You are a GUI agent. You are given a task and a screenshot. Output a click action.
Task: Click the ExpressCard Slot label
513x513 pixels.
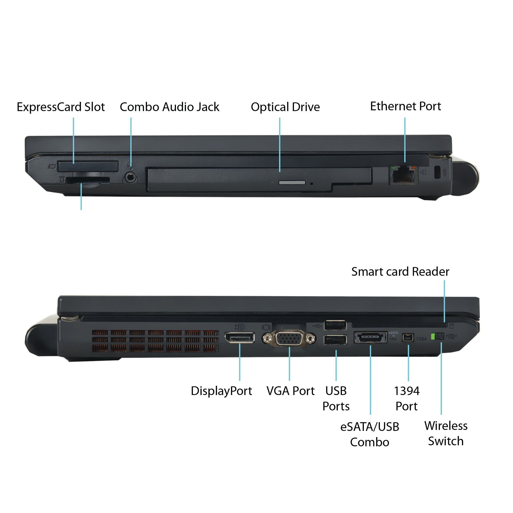[x=61, y=107]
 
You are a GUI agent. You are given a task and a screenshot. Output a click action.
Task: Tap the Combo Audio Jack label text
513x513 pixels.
[x=169, y=107]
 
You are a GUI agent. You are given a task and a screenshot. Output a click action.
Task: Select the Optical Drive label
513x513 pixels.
[x=285, y=107]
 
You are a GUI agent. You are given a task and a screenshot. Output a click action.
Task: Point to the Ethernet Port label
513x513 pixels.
[x=406, y=106]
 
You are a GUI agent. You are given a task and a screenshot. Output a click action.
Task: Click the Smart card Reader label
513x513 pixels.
[x=400, y=272]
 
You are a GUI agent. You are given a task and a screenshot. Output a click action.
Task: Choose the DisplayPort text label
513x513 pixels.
[x=221, y=391]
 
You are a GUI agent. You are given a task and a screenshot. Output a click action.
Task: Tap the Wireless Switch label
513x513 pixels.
[x=446, y=433]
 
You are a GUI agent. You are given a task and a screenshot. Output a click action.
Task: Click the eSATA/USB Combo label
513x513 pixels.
[x=370, y=435]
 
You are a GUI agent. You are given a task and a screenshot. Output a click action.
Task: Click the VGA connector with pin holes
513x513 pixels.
[x=289, y=339]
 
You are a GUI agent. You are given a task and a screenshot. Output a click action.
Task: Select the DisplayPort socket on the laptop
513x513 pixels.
[x=240, y=338]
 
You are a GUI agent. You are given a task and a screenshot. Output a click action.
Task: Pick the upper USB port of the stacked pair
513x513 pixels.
[x=335, y=325]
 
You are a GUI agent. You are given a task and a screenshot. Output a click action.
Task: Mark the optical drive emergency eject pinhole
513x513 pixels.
[x=312, y=184]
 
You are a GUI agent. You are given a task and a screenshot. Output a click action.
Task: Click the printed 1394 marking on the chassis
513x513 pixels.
[x=421, y=339]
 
